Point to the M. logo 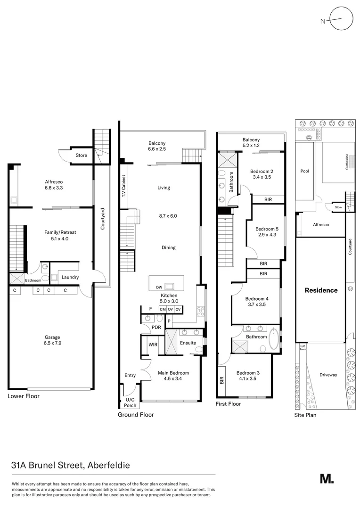point(327,478)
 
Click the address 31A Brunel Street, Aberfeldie point(70,465)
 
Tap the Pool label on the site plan point(305,171)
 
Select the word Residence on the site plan point(321,290)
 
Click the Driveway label point(328,375)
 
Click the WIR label point(153,345)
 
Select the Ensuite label point(188,343)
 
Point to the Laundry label point(70,277)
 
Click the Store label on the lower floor point(81,155)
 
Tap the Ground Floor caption point(135,415)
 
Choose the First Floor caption point(228,404)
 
